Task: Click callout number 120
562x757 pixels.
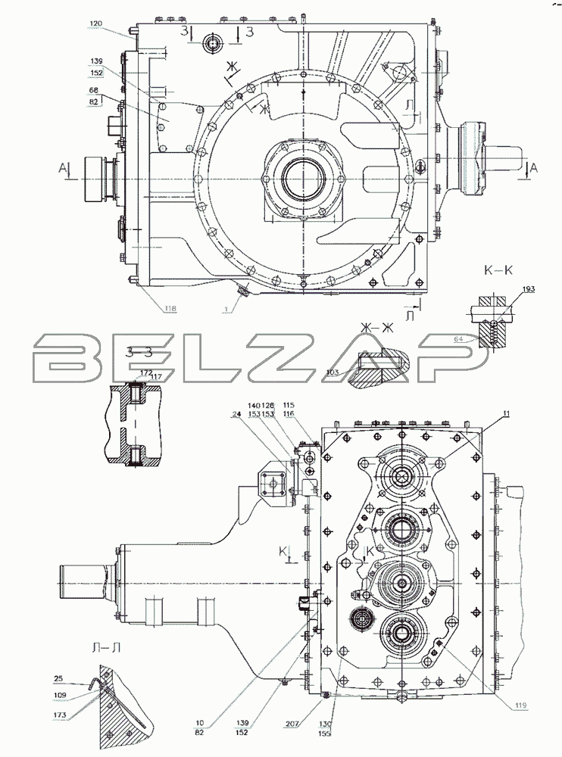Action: pos(95,25)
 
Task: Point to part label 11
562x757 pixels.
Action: pos(504,413)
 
